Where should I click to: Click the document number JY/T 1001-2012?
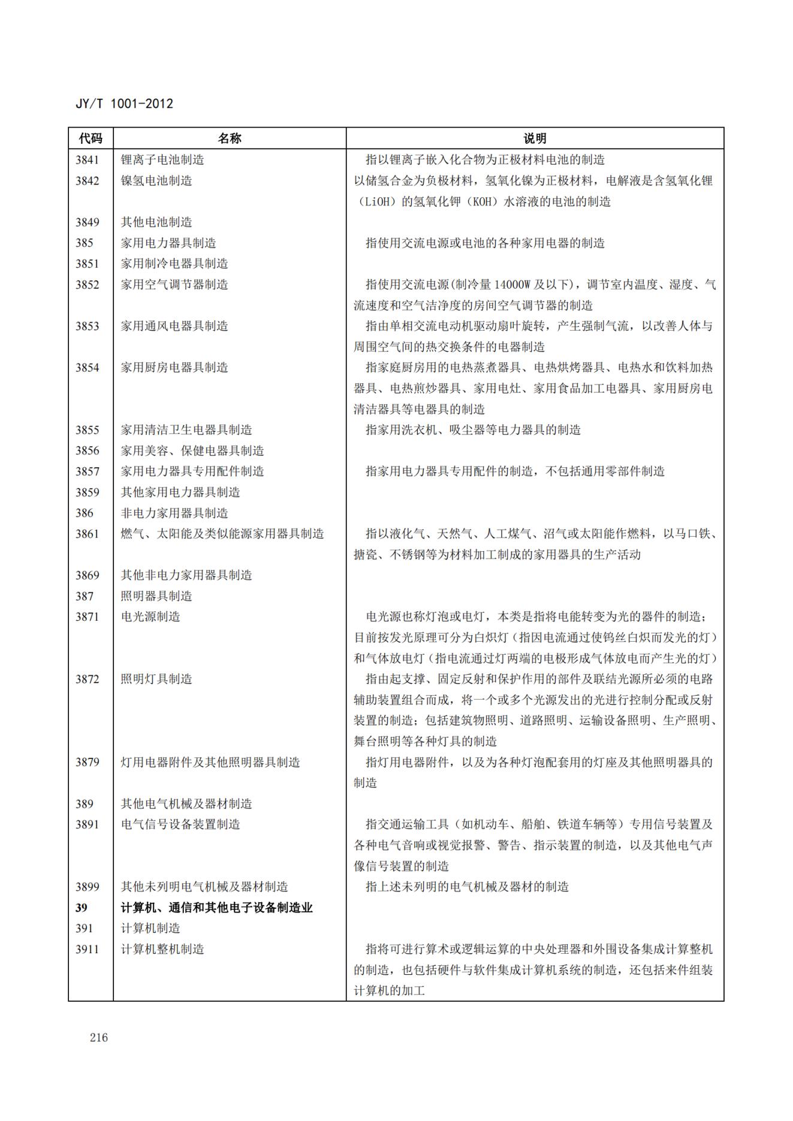pos(124,104)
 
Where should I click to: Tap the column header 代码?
pos(91,138)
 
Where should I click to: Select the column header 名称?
pos(229,138)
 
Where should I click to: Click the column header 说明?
pos(535,138)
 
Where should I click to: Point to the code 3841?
pos(88,160)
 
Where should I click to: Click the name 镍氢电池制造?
pos(156,181)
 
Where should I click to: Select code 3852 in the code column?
pos(88,285)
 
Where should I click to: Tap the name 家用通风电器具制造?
pos(174,326)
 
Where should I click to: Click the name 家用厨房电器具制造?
pos(174,367)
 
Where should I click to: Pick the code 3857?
pos(88,472)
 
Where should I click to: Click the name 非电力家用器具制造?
pos(174,513)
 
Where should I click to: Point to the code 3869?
pos(88,575)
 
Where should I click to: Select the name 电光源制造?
pos(150,617)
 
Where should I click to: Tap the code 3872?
pos(88,679)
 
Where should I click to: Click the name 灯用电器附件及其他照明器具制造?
pos(210,762)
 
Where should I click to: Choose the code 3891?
pos(88,824)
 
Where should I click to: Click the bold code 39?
pos(82,908)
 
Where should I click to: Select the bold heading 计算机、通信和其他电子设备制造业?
pos(217,908)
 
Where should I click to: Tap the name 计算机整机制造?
pos(162,949)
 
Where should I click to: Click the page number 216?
pos(99,1038)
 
